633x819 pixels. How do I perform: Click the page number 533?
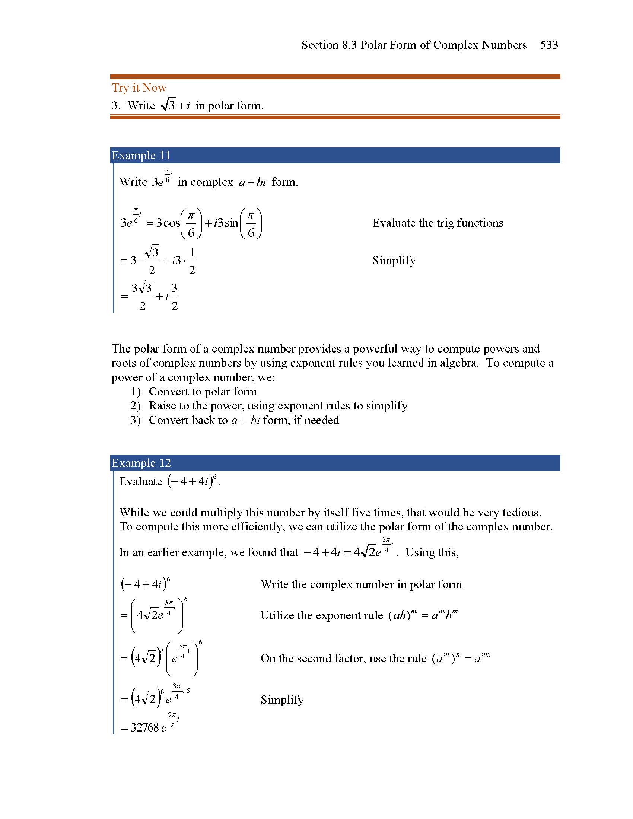click(548, 45)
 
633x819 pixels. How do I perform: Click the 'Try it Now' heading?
click(139, 88)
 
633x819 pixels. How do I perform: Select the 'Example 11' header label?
click(141, 155)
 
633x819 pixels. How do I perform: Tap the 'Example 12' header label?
click(141, 463)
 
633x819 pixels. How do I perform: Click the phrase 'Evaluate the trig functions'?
click(437, 223)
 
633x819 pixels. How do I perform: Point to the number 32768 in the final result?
click(145, 727)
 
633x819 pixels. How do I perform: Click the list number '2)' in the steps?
click(136, 406)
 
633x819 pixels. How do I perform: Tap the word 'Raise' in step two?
click(162, 406)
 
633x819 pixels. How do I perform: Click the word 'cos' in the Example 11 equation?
click(172, 223)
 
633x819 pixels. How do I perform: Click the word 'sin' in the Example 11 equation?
click(231, 223)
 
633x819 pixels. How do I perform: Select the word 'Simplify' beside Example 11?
click(394, 260)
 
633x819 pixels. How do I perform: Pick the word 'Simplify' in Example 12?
click(282, 700)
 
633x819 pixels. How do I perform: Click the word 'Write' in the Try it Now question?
click(141, 106)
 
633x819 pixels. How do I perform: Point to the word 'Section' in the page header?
click(320, 45)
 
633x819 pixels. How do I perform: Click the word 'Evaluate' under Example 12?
click(141, 481)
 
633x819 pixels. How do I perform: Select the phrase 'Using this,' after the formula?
click(432, 552)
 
